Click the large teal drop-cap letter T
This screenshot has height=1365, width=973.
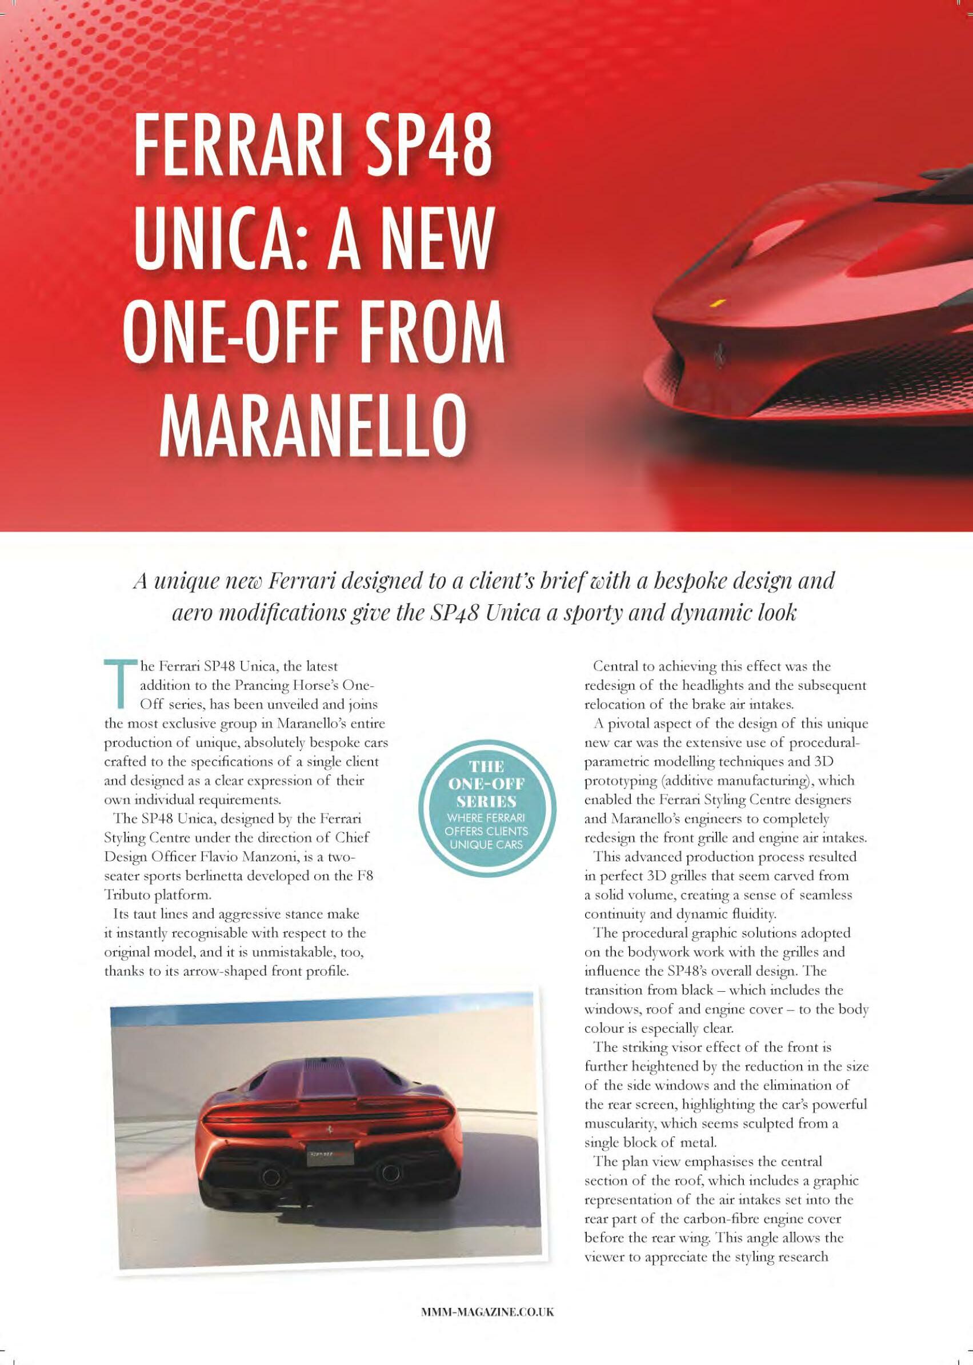click(x=120, y=684)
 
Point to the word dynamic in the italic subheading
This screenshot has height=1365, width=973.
click(x=707, y=614)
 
